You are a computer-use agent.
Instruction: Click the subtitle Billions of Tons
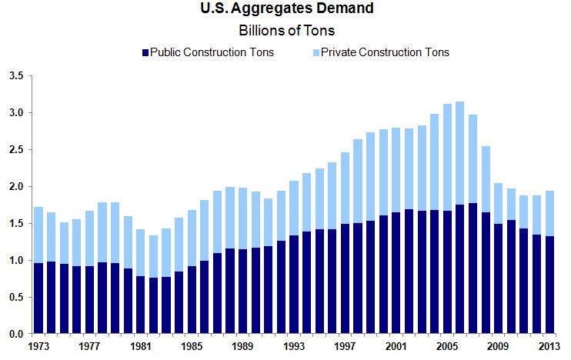tap(285, 32)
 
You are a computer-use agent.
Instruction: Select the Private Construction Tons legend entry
tap(386, 52)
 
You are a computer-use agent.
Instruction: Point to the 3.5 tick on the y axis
tap(16, 76)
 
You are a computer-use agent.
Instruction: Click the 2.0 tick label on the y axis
tap(16, 187)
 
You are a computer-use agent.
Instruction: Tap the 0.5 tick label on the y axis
tap(16, 298)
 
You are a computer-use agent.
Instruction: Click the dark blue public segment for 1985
tap(192, 300)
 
